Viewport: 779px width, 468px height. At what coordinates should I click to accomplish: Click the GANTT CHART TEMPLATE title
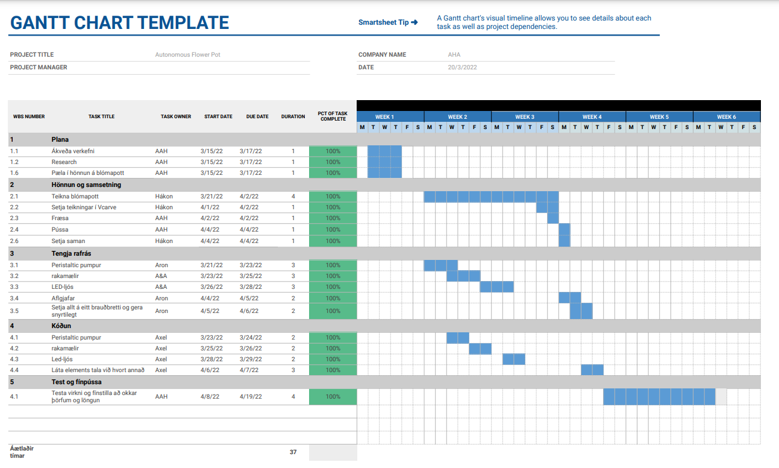119,23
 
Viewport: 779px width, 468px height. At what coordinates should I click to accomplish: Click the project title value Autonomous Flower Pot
188,55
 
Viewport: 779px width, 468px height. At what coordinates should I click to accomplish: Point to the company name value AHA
454,55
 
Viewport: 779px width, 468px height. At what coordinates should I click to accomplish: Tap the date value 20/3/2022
462,68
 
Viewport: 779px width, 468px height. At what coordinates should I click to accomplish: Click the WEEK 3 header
525,117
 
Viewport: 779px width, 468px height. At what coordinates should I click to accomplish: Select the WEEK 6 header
726,117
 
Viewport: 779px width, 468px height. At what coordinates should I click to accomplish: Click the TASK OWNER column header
176,117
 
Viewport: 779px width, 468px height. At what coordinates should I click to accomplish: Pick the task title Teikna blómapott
75,197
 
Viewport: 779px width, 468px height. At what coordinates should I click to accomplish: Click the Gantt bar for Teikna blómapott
491,197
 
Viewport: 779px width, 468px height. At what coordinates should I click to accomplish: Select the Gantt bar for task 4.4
592,370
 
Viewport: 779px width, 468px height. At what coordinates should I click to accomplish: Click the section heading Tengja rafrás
71,254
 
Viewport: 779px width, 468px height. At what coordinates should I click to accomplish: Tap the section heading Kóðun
61,326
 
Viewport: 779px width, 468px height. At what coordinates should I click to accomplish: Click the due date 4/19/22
249,397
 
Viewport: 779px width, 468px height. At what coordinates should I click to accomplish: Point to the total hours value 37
293,452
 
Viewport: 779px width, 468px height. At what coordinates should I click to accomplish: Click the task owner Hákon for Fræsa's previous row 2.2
164,207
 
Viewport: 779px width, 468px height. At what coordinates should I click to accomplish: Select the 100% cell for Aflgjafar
333,298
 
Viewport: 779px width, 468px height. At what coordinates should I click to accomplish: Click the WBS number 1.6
14,173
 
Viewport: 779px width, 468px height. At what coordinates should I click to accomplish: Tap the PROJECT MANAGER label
39,68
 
